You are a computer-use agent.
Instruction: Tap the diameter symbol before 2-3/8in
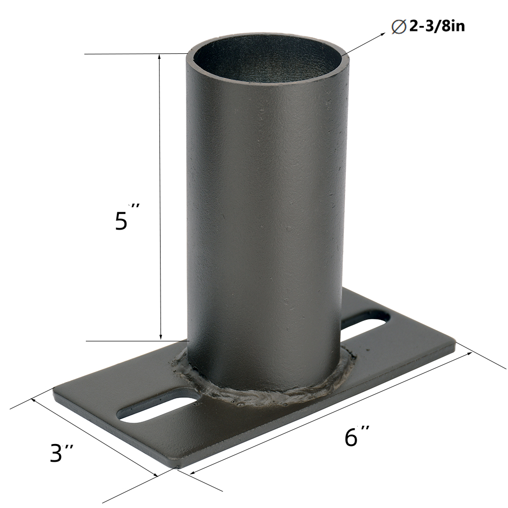pyautogui.click(x=399, y=27)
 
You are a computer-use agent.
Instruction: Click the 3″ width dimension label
pyautogui.click(x=62, y=452)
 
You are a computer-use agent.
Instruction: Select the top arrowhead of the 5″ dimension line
pyautogui.click(x=161, y=57)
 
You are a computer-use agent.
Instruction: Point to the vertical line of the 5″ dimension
pyautogui.click(x=161, y=198)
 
